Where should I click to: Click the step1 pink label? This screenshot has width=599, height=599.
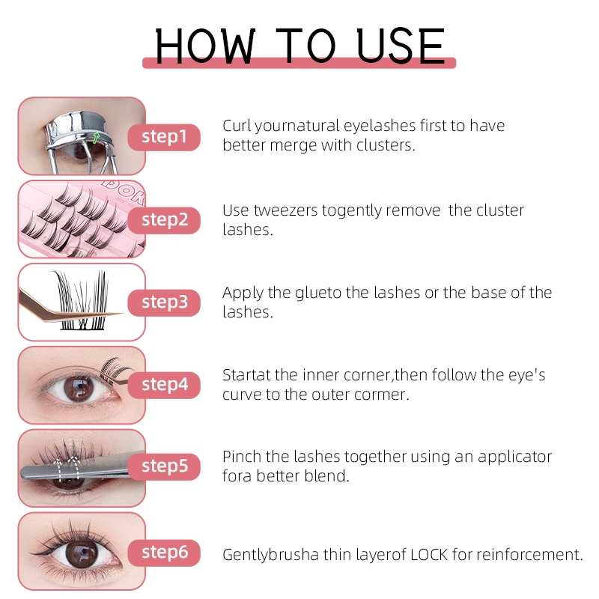(x=164, y=137)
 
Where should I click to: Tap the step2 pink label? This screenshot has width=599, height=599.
(x=164, y=220)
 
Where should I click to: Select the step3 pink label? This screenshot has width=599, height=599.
(x=164, y=303)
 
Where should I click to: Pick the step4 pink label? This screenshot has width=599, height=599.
(x=164, y=385)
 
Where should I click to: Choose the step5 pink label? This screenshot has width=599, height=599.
(x=164, y=466)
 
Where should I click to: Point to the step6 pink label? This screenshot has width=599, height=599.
(x=164, y=553)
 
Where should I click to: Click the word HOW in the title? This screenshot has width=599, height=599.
(x=205, y=46)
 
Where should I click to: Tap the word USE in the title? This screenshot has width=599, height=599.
(x=401, y=46)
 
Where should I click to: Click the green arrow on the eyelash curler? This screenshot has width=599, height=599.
(x=96, y=138)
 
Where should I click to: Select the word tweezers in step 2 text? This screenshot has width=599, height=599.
(x=285, y=210)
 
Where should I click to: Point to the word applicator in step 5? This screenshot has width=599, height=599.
(x=514, y=457)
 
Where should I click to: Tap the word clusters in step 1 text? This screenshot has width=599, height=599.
(x=386, y=145)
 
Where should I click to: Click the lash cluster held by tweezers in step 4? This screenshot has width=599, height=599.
(x=114, y=368)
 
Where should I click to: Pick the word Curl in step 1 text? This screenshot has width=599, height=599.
(x=237, y=126)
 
